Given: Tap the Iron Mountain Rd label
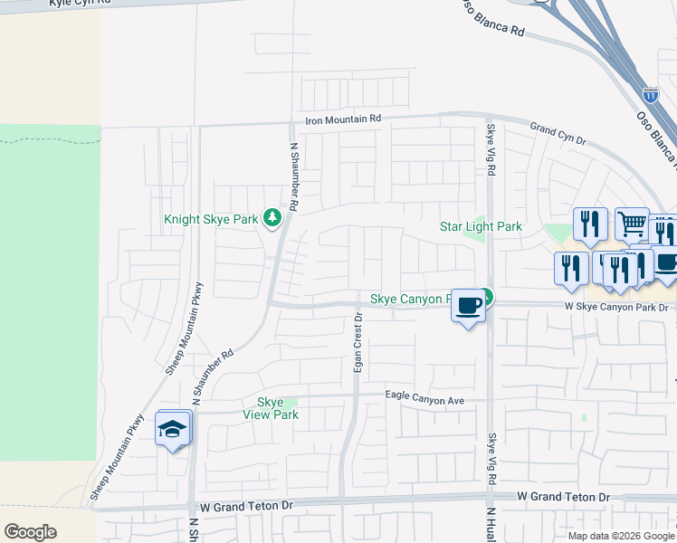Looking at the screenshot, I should tap(343, 119).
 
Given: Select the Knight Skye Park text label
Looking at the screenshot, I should tap(211, 219).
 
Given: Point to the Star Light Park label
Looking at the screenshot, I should tap(481, 226).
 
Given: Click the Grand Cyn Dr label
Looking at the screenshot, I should tap(558, 134).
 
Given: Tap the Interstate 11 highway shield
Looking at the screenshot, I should tap(650, 94).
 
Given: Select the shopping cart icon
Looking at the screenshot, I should tap(632, 223).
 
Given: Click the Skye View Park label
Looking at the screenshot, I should tap(271, 408).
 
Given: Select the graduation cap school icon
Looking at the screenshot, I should tap(172, 430).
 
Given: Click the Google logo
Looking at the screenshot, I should tap(30, 532).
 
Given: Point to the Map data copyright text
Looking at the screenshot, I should tap(622, 536).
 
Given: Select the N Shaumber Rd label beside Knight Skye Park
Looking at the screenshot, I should tap(293, 176).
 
